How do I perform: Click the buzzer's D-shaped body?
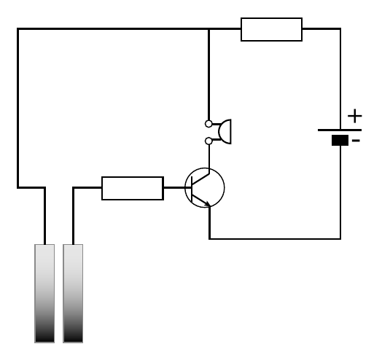coord(225,131)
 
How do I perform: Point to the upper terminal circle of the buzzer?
coord(208,124)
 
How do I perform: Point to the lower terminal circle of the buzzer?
coord(208,141)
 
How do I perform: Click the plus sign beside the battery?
coord(355,116)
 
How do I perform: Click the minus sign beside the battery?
coord(356,141)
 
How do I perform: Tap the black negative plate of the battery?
coord(340,141)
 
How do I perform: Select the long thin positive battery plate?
coord(340,130)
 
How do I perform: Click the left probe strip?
coord(44,294)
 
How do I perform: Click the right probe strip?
coord(73,294)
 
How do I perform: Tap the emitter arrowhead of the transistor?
coord(208,204)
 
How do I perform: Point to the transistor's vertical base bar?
coord(192,189)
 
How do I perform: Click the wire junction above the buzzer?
coord(208,29)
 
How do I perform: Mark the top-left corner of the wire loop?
coord(17,29)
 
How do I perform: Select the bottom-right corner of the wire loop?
coord(340,239)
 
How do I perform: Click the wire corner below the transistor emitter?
coord(209,239)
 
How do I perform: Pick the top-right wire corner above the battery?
coord(340,29)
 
